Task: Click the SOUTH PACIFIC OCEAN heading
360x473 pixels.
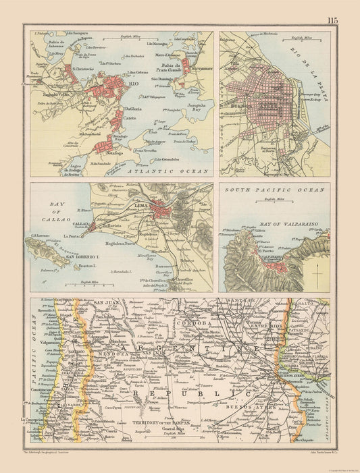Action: click(274, 190)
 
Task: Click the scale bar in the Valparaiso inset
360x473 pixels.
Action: click(273, 204)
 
